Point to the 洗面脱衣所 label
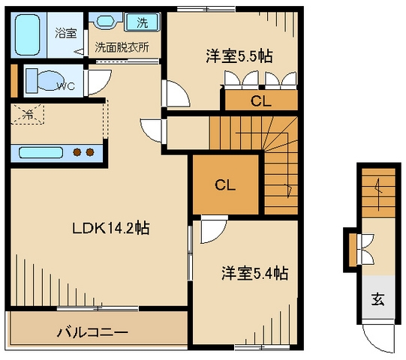[122, 46]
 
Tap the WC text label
[67, 85]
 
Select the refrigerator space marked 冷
[28, 115]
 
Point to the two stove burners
[83, 153]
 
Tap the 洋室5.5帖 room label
[239, 56]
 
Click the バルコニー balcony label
[93, 331]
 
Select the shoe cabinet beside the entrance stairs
[352, 246]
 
